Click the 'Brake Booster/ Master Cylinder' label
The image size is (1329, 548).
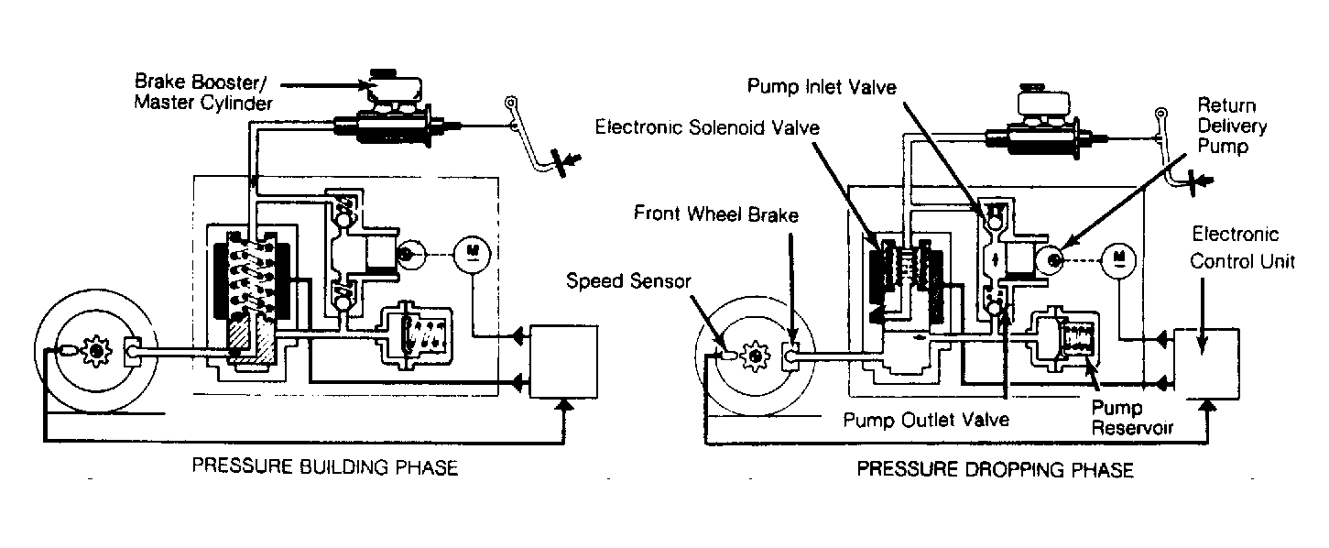pos(203,92)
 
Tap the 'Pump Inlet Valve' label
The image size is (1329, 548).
pos(822,87)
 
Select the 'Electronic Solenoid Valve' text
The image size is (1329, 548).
pos(707,127)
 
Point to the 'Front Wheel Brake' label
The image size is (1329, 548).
pos(715,214)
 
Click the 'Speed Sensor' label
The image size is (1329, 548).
pos(628,280)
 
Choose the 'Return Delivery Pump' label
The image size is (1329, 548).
pos(1232,126)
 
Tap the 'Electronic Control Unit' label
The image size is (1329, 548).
pos(1242,247)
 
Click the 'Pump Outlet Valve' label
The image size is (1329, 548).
pos(926,420)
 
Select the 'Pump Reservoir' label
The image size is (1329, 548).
pos(1132,417)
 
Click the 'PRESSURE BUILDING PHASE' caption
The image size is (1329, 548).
pos(324,466)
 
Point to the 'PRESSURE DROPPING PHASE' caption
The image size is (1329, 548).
pos(995,469)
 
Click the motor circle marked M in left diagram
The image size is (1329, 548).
pos(473,254)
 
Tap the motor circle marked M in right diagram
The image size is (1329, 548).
pos(1118,260)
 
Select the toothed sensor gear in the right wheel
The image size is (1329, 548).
pos(756,356)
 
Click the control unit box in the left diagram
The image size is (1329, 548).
pos(563,362)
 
